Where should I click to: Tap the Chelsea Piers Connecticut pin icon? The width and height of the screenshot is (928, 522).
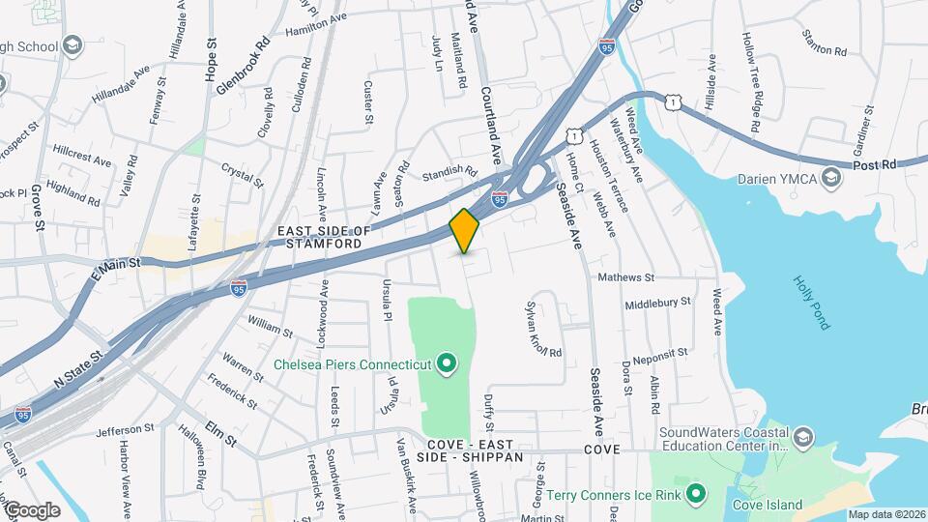446,364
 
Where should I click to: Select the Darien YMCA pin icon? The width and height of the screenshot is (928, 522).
829,177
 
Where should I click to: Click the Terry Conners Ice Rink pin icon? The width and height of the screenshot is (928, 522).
695,496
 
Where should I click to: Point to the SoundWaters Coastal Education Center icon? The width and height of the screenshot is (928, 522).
801,440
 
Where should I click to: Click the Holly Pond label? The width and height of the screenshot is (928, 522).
810,303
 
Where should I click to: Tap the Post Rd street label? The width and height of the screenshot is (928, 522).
876,166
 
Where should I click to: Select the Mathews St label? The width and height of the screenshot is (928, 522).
625,278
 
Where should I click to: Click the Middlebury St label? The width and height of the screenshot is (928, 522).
657,302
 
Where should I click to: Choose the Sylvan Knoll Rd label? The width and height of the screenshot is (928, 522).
542,327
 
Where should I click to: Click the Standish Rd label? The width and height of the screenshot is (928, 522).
450,174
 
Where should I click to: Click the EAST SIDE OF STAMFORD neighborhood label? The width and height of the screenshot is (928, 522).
324,238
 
